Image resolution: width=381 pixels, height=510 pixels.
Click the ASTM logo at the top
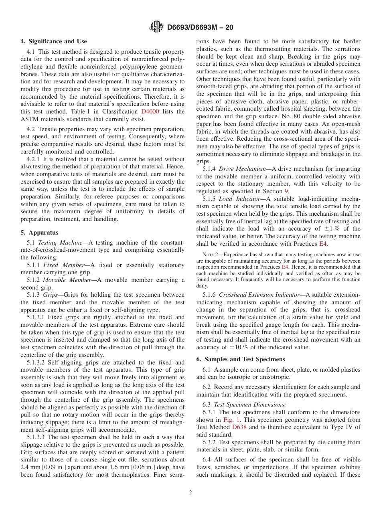[x=156, y=27]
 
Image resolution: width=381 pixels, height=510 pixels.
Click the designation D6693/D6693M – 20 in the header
[x=200, y=27]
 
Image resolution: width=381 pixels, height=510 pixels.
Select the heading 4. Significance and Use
[x=54, y=41]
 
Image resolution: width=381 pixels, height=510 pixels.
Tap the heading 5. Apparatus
[x=39, y=233]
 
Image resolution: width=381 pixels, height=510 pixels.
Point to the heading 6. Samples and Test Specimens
[x=240, y=359]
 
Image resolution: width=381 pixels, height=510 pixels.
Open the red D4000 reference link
[x=150, y=111]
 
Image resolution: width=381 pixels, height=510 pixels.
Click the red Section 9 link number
[x=286, y=191]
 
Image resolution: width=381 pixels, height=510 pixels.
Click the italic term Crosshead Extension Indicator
[x=261, y=295]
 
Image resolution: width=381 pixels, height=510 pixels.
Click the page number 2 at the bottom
[x=190, y=493]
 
